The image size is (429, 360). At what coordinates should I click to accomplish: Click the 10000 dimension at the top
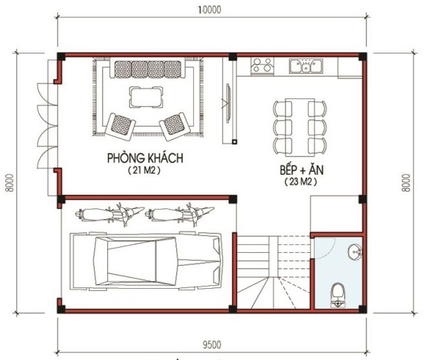210,10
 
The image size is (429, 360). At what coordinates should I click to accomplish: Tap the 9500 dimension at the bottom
212,345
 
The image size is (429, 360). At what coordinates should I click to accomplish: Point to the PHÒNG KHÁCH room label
145,158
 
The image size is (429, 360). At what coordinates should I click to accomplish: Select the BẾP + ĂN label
302,170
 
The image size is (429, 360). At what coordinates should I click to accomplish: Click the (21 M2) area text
144,170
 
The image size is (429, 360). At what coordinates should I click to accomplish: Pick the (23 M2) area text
301,182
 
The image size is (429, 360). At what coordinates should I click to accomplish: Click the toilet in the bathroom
338,295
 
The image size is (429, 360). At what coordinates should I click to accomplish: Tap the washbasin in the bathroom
355,251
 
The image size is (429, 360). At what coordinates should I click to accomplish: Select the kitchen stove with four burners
262,65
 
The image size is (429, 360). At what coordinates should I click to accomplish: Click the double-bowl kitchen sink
306,66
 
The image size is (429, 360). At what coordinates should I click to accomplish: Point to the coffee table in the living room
146,97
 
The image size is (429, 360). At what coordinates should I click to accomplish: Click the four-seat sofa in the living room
148,68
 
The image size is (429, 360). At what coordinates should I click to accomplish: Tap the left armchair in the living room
121,126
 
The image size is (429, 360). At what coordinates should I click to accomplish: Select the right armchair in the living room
175,126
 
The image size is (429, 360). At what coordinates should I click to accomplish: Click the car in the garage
146,261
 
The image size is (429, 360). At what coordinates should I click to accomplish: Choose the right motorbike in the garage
180,214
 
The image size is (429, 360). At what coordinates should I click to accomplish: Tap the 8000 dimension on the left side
9,183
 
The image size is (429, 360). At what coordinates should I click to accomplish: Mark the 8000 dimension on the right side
407,183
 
